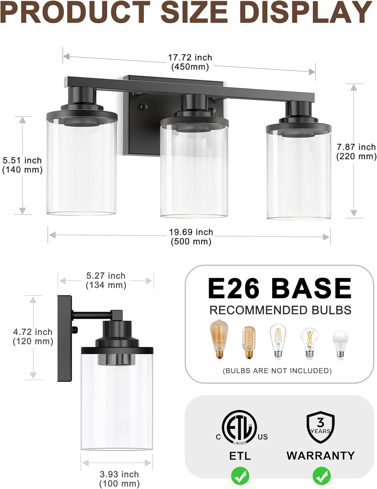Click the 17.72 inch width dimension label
click(x=190, y=62)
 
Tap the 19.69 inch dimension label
click(x=191, y=237)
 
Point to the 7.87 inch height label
click(x=356, y=152)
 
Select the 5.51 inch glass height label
click(x=22, y=165)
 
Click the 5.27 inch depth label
click(x=106, y=280)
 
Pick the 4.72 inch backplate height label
click(x=33, y=336)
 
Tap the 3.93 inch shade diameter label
click(x=120, y=479)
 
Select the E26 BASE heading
click(x=280, y=288)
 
